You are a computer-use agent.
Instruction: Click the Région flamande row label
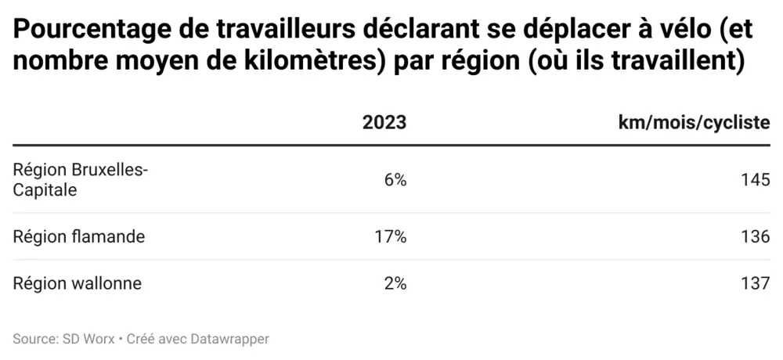tap(79, 236)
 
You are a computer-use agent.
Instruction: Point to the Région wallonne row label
tap(78, 283)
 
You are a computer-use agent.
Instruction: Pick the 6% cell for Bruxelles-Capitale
tap(395, 180)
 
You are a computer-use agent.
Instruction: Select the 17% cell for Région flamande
tap(391, 236)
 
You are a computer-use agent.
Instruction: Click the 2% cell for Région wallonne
tap(395, 283)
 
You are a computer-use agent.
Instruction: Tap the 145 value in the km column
tap(756, 180)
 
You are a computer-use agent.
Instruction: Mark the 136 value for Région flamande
tap(756, 236)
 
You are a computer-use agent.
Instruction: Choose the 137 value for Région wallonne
tap(756, 283)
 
